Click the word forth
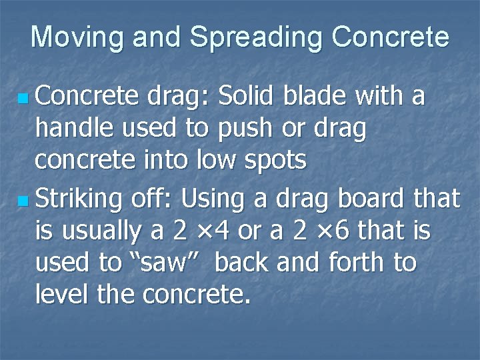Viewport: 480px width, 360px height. coord(357,263)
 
